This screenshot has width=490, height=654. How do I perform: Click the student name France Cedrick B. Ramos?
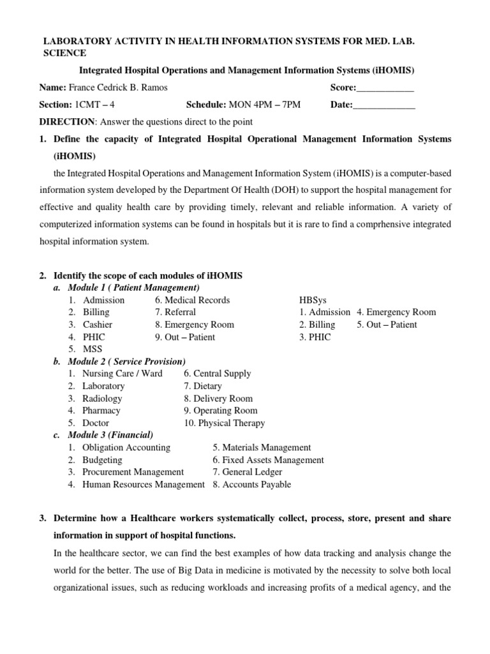point(118,87)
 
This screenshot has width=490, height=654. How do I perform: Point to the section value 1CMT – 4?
point(97,105)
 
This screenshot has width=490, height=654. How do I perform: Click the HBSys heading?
point(312,300)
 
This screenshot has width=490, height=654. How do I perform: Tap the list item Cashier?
point(98,324)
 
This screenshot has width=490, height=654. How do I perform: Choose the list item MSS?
point(93,349)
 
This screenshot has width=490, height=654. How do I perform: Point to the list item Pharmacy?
point(101,410)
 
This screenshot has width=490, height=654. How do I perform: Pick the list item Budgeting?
point(102,460)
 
